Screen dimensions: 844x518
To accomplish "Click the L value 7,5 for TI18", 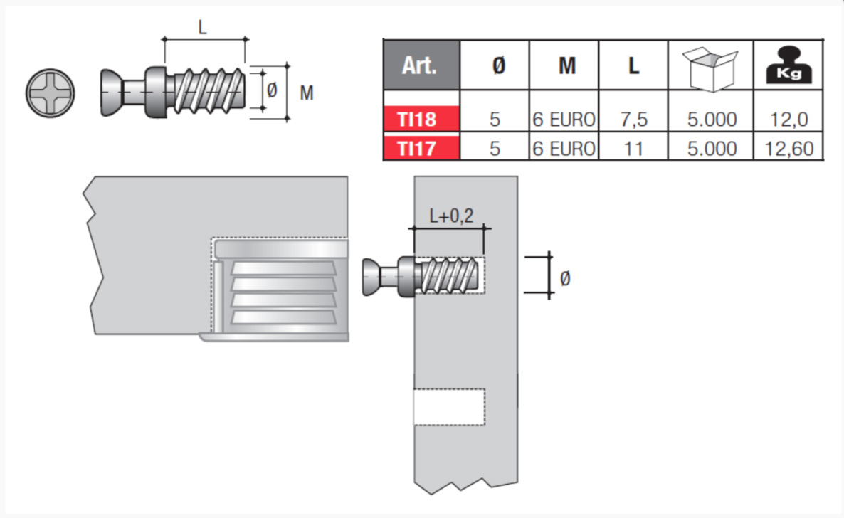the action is point(633,119).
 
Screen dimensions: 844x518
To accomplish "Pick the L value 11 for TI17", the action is point(633,149).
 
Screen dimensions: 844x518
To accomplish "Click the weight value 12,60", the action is point(789,149).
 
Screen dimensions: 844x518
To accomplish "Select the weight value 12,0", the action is point(789,119).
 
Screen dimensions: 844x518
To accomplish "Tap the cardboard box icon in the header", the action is point(710,68).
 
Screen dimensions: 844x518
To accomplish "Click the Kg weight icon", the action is point(788,65).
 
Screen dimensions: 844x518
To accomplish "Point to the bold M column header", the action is point(566,65).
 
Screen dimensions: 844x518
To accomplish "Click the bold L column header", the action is point(633,65).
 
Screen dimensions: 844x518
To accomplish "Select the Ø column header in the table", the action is point(498,65).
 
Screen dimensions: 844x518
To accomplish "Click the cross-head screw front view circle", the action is point(50,93).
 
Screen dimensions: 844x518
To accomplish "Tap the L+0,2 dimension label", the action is point(451,216).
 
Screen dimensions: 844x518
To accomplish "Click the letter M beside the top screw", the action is point(306,93).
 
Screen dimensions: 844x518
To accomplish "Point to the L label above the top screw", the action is point(202,27).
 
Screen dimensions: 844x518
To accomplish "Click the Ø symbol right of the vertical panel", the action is point(564,278).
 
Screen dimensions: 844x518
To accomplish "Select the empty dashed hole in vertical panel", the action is point(450,406).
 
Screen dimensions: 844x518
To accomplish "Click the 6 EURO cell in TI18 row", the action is point(564,119).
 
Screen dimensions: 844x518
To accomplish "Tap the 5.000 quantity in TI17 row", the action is point(712,149).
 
